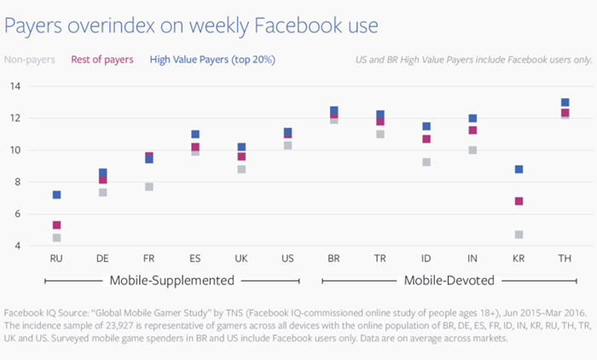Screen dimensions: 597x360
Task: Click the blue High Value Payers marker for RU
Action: pos(57,195)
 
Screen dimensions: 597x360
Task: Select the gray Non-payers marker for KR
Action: pos(519,235)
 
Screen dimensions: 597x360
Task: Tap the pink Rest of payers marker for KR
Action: pos(519,201)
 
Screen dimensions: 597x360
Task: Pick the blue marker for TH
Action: pos(565,102)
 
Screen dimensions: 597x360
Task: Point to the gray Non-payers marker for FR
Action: pos(149,187)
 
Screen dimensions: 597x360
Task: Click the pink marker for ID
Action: pos(426,139)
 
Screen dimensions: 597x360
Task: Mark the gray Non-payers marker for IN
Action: pos(472,150)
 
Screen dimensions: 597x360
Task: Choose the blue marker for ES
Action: pos(195,134)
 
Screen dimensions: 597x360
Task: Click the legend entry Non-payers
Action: pos(30,60)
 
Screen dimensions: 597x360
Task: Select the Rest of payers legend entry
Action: pos(102,60)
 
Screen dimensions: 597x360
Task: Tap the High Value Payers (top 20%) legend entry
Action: pos(212,60)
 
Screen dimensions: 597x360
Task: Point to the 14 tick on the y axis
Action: pos(15,86)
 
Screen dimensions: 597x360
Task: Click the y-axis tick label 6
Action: pos(18,214)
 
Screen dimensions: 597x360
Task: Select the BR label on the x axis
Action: pos(334,258)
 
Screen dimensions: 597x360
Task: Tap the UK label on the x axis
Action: pos(241,258)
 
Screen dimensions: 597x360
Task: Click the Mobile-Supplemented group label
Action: pos(172,281)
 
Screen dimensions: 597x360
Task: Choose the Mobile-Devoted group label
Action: pos(449,281)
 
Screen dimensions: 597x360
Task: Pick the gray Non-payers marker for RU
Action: pos(57,238)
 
